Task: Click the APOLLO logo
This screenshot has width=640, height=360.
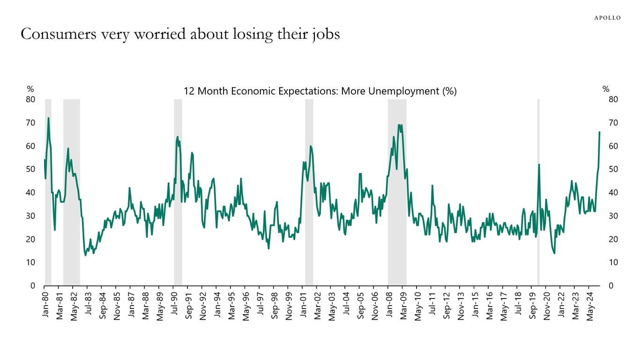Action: (607, 18)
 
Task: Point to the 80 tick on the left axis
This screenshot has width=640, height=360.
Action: (30, 99)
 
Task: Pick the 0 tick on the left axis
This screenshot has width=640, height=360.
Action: (33, 286)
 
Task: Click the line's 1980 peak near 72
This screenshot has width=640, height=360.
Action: (48, 118)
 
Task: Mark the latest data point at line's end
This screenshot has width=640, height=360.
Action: (599, 132)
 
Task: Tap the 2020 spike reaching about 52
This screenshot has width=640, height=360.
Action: (539, 165)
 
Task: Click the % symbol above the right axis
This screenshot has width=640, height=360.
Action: (606, 89)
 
